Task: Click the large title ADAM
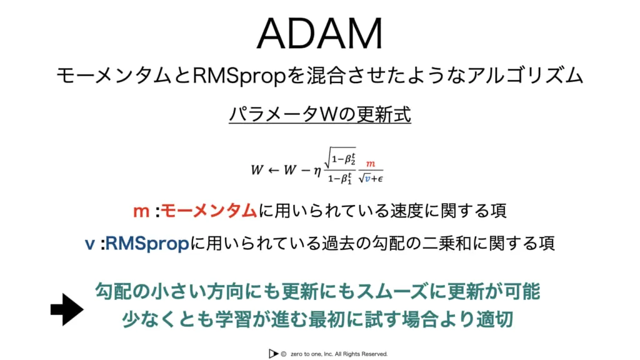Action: [x=319, y=34]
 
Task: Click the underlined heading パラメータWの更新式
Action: [x=319, y=114]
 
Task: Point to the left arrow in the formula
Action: [x=273, y=170]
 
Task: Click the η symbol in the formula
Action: [x=317, y=171]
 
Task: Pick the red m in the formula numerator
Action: [x=370, y=164]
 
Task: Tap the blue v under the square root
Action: [x=367, y=178]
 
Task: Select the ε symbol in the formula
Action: [x=380, y=179]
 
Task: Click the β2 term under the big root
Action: [x=350, y=159]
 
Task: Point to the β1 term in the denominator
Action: [x=346, y=178]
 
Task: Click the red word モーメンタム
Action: [x=209, y=211]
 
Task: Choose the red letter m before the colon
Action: [x=141, y=212]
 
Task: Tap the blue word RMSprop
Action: [x=147, y=244]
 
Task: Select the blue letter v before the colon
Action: [x=90, y=244]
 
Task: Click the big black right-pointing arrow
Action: [x=67, y=309]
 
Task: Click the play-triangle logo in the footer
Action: [x=273, y=354]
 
